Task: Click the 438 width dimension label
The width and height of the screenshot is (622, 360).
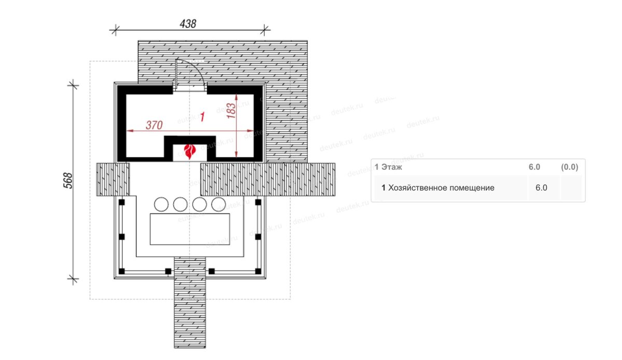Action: coord(188,24)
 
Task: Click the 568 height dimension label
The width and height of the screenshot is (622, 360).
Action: coord(68,181)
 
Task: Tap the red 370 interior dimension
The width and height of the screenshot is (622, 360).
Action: coord(154,125)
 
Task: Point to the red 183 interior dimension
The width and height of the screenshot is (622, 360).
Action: coord(231,111)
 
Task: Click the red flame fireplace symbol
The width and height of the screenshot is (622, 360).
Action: coord(190,152)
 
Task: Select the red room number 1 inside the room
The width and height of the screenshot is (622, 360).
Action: coord(203,117)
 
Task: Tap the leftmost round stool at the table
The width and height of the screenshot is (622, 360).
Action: coord(161,204)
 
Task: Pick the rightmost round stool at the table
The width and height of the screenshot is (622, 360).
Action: coord(218,204)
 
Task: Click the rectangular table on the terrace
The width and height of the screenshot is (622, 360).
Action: coord(190,229)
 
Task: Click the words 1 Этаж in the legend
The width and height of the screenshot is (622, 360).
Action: coord(388,167)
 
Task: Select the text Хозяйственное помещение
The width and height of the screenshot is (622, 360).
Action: coord(441,188)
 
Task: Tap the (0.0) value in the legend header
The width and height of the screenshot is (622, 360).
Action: coord(570,167)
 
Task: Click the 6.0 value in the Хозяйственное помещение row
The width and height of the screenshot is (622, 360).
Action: coord(541,188)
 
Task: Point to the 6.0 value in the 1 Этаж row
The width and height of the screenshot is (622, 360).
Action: coord(534,167)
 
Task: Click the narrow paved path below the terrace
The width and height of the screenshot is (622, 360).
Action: coord(190,302)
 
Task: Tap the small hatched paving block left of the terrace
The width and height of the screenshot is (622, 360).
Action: coord(113,179)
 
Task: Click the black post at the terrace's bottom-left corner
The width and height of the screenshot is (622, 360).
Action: coord(122,271)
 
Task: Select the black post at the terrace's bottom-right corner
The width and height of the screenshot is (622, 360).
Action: coord(258,271)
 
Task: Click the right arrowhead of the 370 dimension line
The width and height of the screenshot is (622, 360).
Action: coord(250,131)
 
